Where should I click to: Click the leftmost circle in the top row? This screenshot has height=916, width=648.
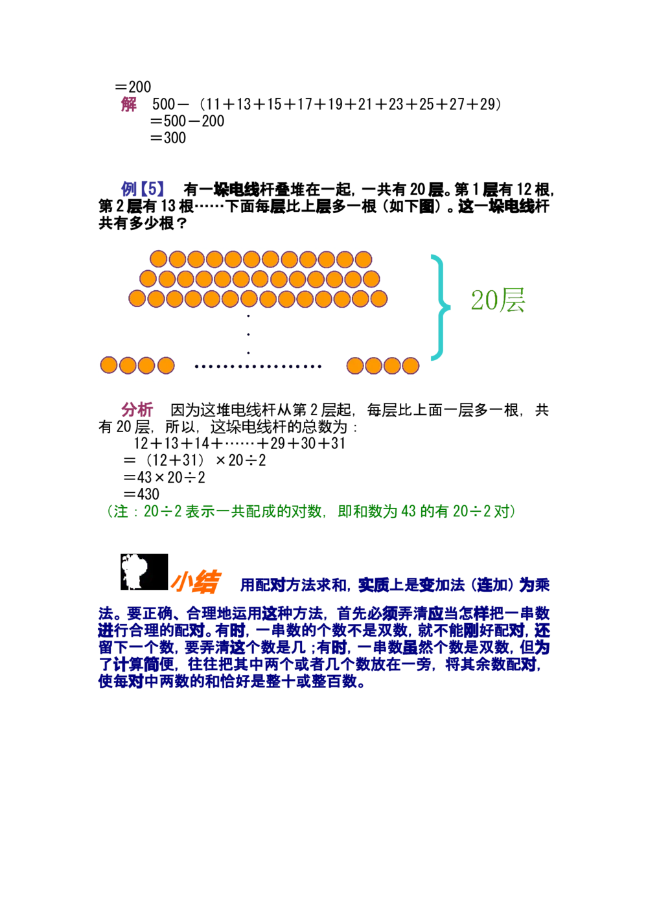(x=159, y=259)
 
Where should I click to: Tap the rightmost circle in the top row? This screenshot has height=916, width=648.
(x=364, y=259)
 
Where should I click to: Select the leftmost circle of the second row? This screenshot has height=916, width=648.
(x=148, y=279)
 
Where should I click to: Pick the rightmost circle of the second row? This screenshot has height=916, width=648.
(x=371, y=279)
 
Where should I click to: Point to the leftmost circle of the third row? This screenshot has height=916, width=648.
(x=137, y=299)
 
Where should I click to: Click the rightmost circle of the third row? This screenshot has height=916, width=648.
(x=378, y=299)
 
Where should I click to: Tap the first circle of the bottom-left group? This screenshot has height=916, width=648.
(x=109, y=365)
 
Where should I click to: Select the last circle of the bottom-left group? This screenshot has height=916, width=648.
(x=166, y=365)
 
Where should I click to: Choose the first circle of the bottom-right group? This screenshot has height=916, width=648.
(x=355, y=365)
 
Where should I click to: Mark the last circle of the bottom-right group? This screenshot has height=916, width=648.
(x=411, y=365)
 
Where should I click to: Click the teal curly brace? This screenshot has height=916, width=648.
(x=439, y=308)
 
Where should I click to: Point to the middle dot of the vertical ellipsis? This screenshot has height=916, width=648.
(x=248, y=335)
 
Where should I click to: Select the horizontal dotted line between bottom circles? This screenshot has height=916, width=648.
(x=258, y=367)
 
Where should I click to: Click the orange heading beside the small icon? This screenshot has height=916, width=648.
(x=196, y=582)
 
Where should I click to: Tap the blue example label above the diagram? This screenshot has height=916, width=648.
(x=143, y=189)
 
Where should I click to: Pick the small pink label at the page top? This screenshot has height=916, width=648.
(x=129, y=104)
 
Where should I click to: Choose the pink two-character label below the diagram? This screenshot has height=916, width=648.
(x=137, y=409)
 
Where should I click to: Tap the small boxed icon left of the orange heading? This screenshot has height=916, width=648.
(x=144, y=570)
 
